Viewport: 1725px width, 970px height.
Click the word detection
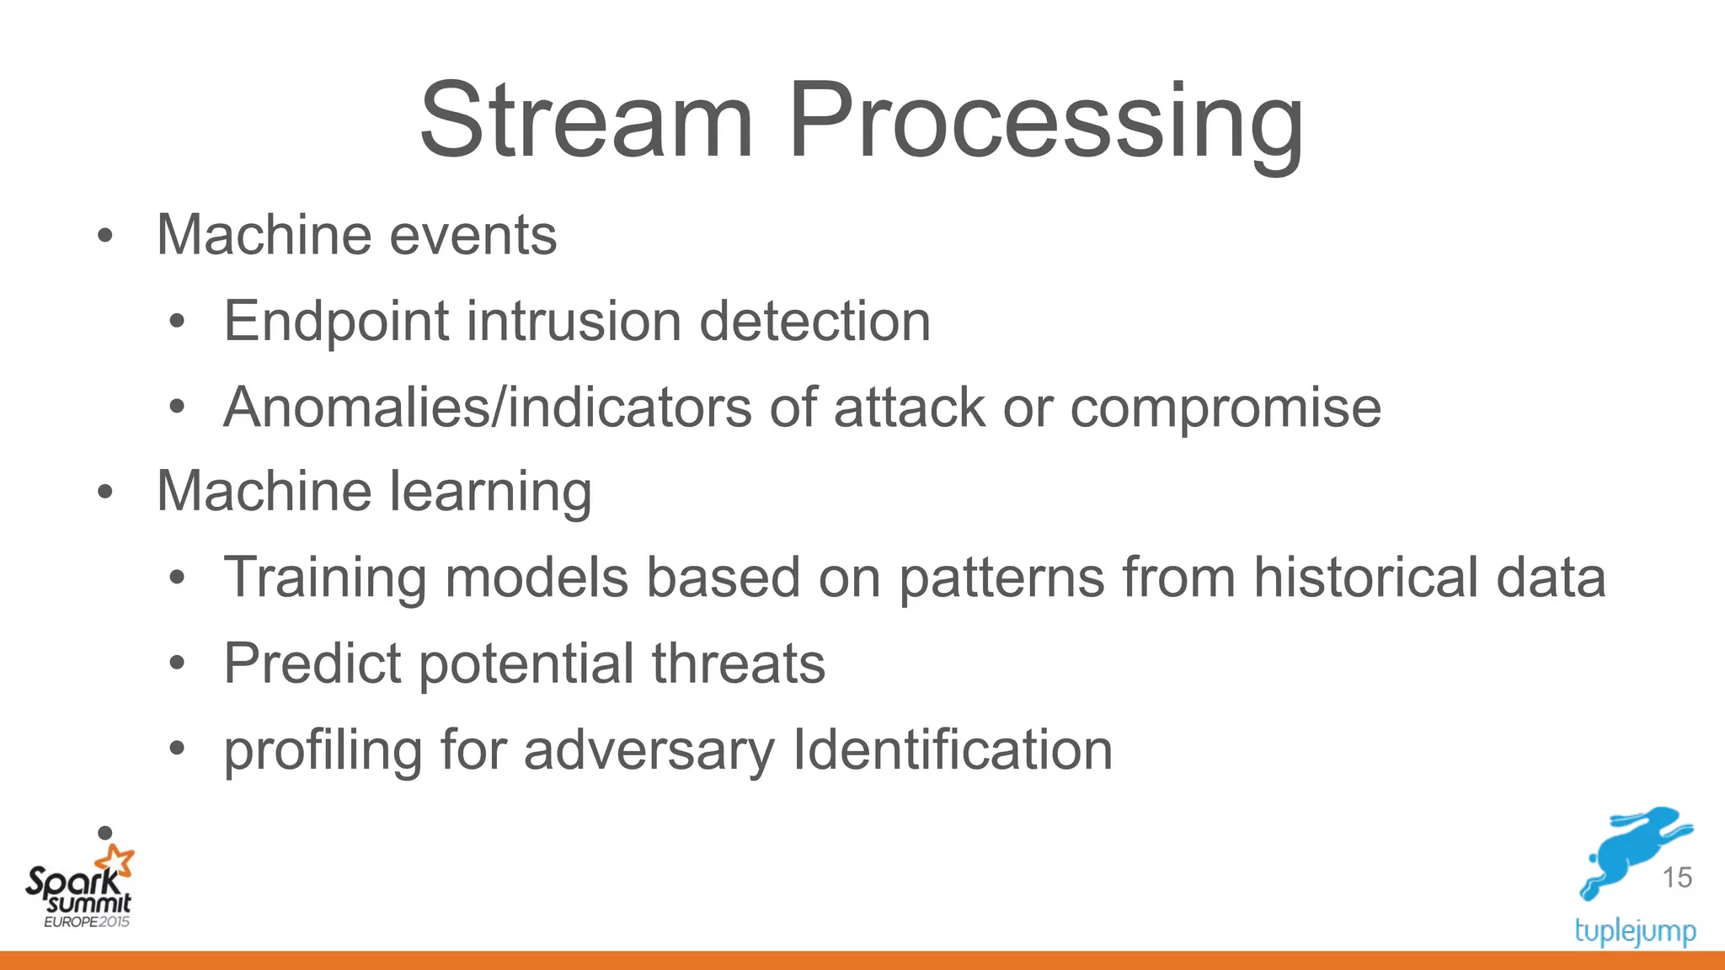814,322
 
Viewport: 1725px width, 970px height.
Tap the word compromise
1225,409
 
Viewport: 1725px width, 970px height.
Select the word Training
324,578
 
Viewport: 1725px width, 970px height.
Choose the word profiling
323,750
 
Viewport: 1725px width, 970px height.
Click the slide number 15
1676,877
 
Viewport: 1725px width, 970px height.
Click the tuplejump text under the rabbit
1635,931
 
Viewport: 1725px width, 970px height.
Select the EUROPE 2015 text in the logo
87,922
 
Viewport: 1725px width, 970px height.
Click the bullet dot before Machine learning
104,493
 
